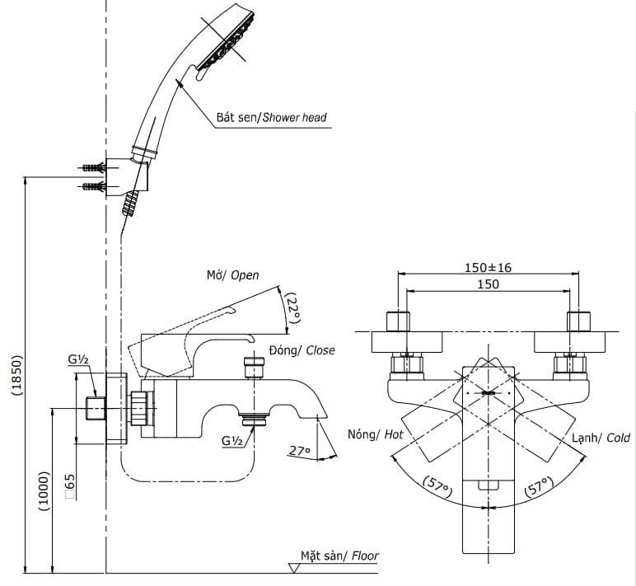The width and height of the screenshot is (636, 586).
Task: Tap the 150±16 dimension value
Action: [488, 268]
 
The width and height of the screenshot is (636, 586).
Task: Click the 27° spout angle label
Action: [301, 450]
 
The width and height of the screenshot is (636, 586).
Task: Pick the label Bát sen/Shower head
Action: [271, 118]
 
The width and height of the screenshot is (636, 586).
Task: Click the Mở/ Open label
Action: [232, 275]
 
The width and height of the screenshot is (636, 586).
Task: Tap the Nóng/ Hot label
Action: [375, 434]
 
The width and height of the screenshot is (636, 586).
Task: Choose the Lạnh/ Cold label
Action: [601, 438]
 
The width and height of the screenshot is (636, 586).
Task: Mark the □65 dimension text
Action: [70, 486]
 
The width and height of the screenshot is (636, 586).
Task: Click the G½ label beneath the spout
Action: [232, 441]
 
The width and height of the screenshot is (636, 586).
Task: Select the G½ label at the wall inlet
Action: [79, 360]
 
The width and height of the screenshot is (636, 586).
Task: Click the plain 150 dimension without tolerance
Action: [488, 284]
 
